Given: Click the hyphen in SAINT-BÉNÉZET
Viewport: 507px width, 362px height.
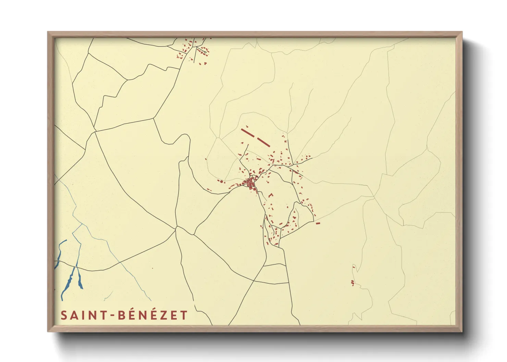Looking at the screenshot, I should (113, 315).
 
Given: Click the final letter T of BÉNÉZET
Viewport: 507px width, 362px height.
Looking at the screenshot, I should (184, 315).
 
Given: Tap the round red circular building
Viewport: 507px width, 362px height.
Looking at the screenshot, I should (221, 181).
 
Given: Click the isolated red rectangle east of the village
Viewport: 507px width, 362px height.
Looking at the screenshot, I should (318, 223).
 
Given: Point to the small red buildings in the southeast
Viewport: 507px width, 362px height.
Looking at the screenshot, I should (353, 282).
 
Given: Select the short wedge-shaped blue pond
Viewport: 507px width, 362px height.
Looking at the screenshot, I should (80, 279).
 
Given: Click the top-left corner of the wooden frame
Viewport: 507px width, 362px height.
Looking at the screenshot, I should (48, 32).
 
